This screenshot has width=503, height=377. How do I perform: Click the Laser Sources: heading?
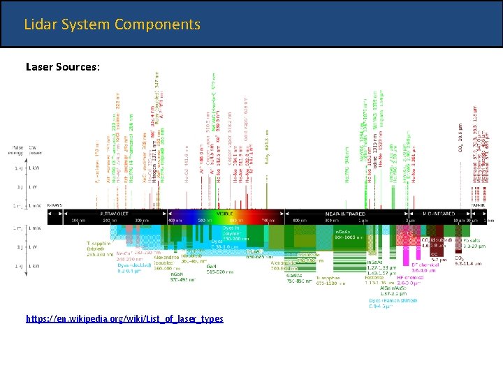(x=63, y=67)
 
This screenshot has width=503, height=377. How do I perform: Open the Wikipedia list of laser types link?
(x=124, y=318)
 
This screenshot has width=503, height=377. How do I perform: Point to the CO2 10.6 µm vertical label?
(x=461, y=138)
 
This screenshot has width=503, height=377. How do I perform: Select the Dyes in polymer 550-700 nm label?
(x=238, y=232)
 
